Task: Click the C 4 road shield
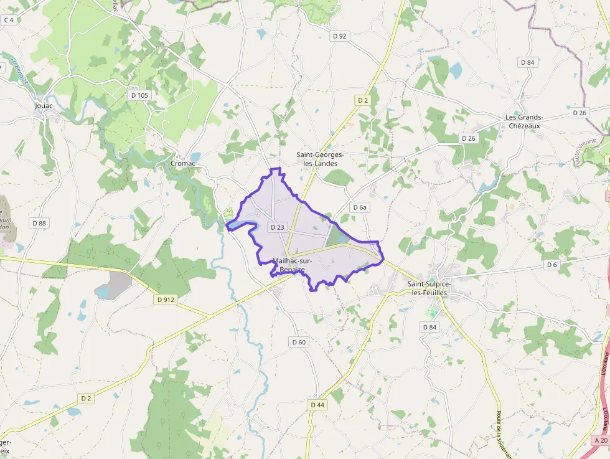pos(9,20)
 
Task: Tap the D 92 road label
pos(339,36)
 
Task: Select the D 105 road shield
pos(140,95)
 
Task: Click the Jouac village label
pos(44,106)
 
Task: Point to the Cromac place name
pos(183,163)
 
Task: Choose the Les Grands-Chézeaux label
pos(525,121)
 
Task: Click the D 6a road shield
pos(360,207)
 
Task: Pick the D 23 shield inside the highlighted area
pos(278,227)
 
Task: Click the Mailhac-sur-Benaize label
pos(293,265)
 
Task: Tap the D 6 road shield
pos(551,265)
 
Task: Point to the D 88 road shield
pos(39,223)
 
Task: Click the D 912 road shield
pos(166,300)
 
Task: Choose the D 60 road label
pos(299,342)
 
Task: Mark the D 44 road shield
pos(317,405)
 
